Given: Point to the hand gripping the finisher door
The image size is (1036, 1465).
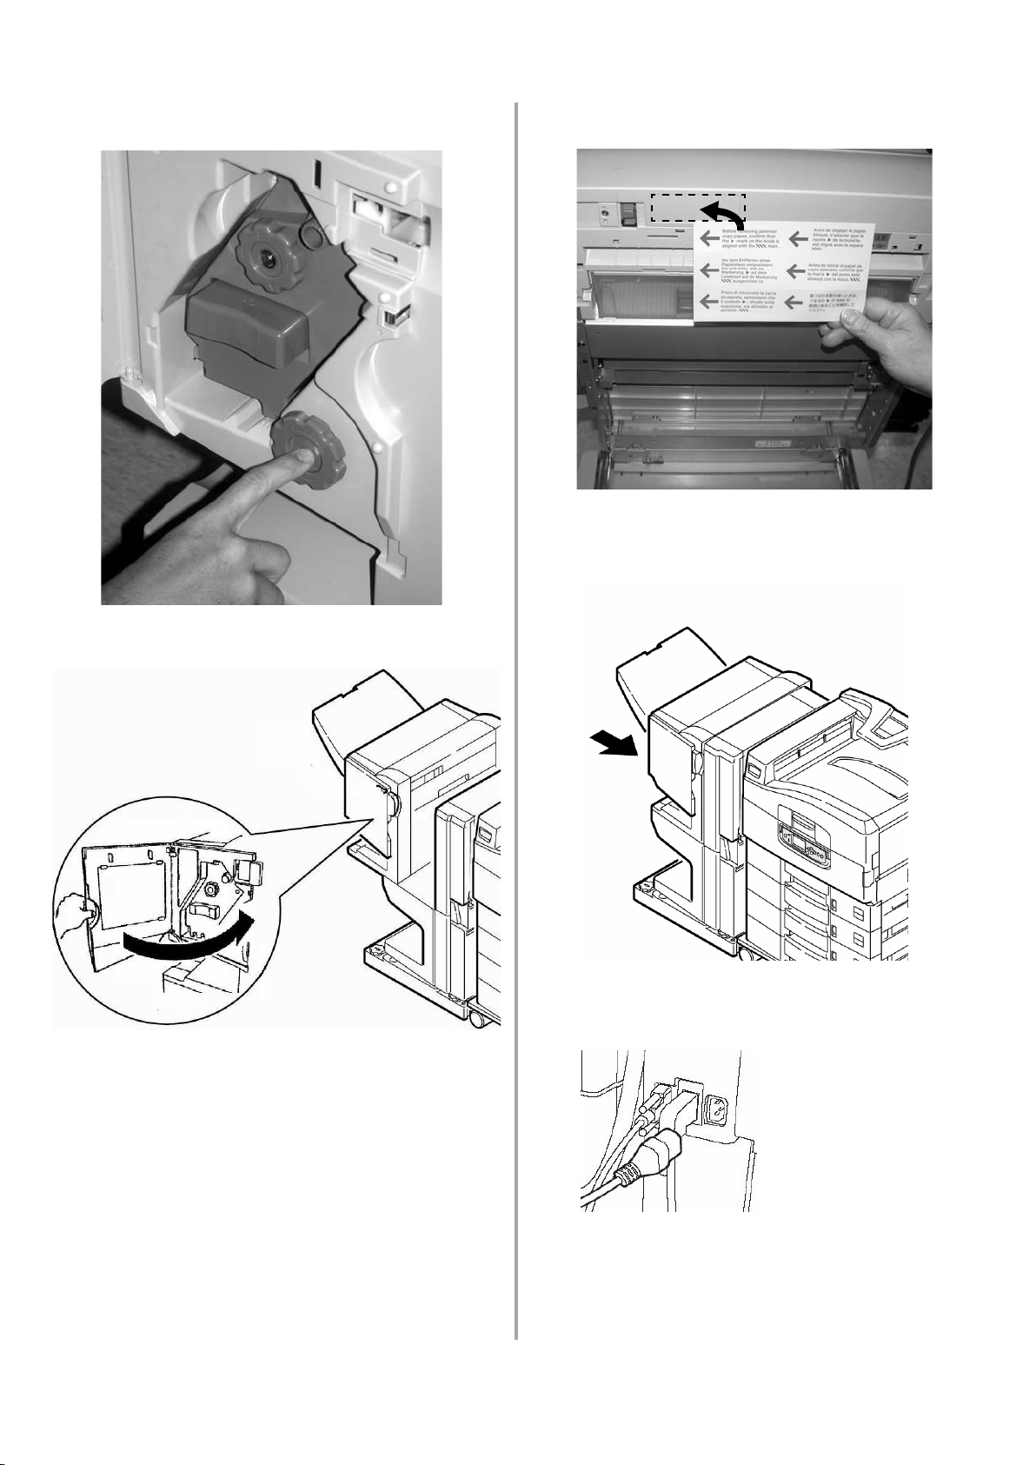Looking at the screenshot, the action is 75,913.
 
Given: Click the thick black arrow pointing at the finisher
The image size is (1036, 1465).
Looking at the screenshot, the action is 617,744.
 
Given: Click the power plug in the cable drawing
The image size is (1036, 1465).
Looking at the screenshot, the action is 648,1157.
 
